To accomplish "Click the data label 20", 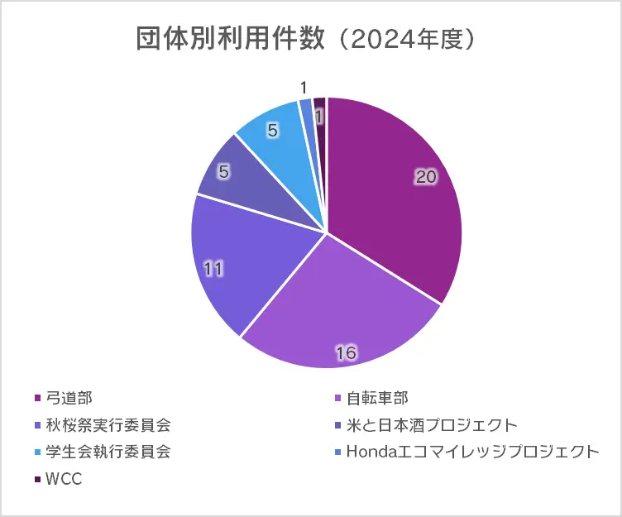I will click(426, 178).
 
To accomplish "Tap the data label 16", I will click(346, 353).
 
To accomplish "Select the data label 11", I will click(213, 269).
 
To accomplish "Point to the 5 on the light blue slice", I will click(272, 129).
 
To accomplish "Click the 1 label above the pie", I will click(304, 88).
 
